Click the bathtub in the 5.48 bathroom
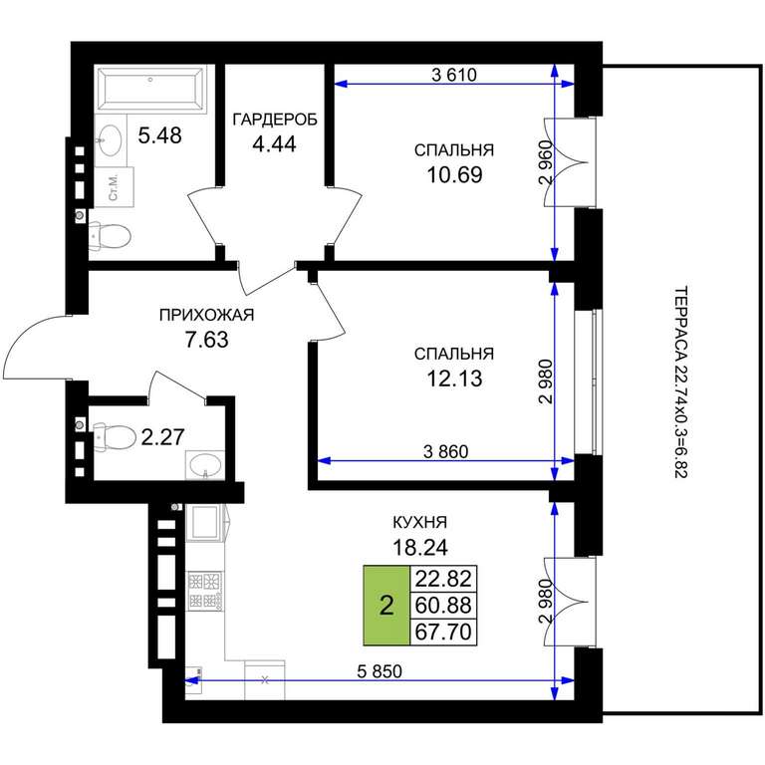(x=150, y=90)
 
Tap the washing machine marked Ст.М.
(x=115, y=187)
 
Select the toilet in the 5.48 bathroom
(x=110, y=237)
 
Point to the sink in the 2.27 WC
(x=204, y=465)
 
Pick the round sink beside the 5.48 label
(x=110, y=140)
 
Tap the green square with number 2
(x=386, y=606)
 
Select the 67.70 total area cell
(x=443, y=632)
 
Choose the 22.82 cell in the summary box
(x=443, y=579)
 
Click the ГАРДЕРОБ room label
(x=275, y=120)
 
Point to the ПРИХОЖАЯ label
(x=207, y=315)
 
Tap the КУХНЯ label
(x=419, y=523)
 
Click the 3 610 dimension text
(x=454, y=75)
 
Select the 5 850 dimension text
(x=380, y=671)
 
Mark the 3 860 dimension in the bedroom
(x=445, y=452)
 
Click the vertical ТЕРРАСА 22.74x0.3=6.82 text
(x=680, y=382)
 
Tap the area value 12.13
(x=454, y=379)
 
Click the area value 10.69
(x=454, y=174)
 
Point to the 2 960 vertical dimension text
(x=547, y=161)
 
